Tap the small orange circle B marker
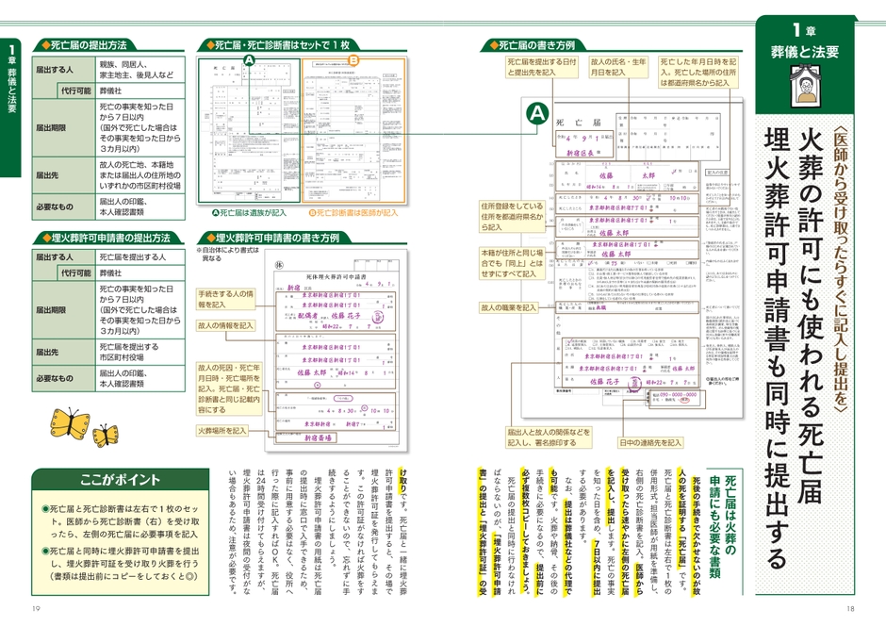click(x=353, y=60)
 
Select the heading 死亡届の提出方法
click(x=89, y=44)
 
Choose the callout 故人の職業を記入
click(x=507, y=307)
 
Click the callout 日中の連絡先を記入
click(x=650, y=442)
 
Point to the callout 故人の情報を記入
click(x=225, y=325)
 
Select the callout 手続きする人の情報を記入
click(x=225, y=299)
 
